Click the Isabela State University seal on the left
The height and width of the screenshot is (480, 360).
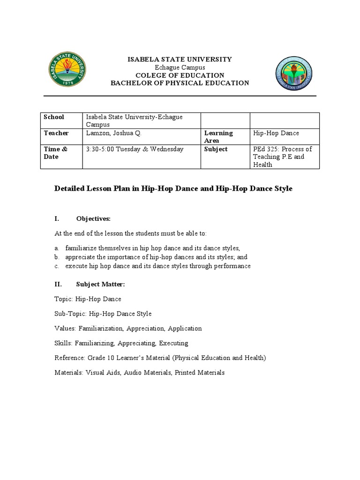click(x=69, y=70)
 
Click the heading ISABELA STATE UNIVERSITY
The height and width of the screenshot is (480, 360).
click(x=180, y=60)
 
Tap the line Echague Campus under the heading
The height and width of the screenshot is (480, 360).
click(x=180, y=67)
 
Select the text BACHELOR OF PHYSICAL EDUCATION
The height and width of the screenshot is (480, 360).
click(x=180, y=83)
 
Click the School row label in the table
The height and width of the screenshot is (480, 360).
click(x=54, y=117)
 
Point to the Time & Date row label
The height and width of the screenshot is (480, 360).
click(x=55, y=153)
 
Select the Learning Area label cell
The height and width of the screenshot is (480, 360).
click(x=218, y=137)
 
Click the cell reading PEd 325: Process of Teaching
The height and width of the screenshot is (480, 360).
click(x=283, y=157)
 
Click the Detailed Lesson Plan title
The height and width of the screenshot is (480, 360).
click(x=173, y=188)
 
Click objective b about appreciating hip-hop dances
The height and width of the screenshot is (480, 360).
click(x=156, y=257)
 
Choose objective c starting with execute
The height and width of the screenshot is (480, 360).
click(x=157, y=266)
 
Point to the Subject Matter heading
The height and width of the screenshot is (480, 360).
click(x=100, y=284)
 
